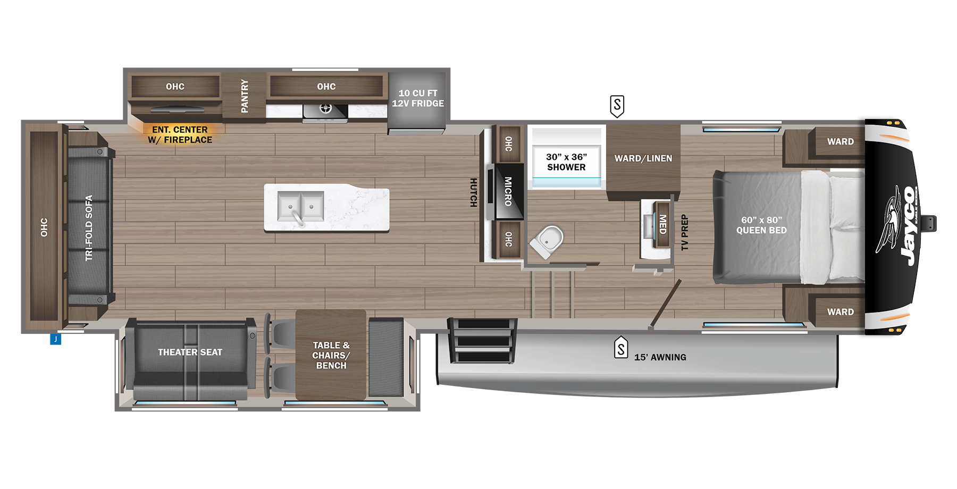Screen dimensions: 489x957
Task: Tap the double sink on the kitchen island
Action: pos(300,206)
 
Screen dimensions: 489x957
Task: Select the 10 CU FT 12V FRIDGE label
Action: pos(418,98)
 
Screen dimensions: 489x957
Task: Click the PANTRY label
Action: pos(245,96)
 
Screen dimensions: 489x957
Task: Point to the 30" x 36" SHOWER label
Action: pos(566,162)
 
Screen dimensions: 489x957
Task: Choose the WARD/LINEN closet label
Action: pos(643,158)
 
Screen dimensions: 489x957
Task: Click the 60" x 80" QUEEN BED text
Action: pos(761,225)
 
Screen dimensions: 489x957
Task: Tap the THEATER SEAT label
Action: pos(190,352)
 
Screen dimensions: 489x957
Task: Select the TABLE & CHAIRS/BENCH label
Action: pos(331,355)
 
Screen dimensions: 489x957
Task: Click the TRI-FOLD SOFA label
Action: pos(89,228)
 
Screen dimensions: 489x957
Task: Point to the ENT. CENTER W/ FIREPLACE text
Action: pos(180,135)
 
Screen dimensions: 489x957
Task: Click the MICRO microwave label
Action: pos(508,191)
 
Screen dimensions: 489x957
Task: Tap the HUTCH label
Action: pos(473,192)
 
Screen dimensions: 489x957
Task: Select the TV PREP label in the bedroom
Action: pos(685,232)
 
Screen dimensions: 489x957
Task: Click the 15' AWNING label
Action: pos(660,358)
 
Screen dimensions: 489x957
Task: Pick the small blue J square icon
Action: pos(55,339)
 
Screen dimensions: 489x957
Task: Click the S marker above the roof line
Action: pos(617,106)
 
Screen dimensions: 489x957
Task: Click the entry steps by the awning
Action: pos(483,340)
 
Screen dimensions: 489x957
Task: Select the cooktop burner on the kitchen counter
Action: pos(325,109)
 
